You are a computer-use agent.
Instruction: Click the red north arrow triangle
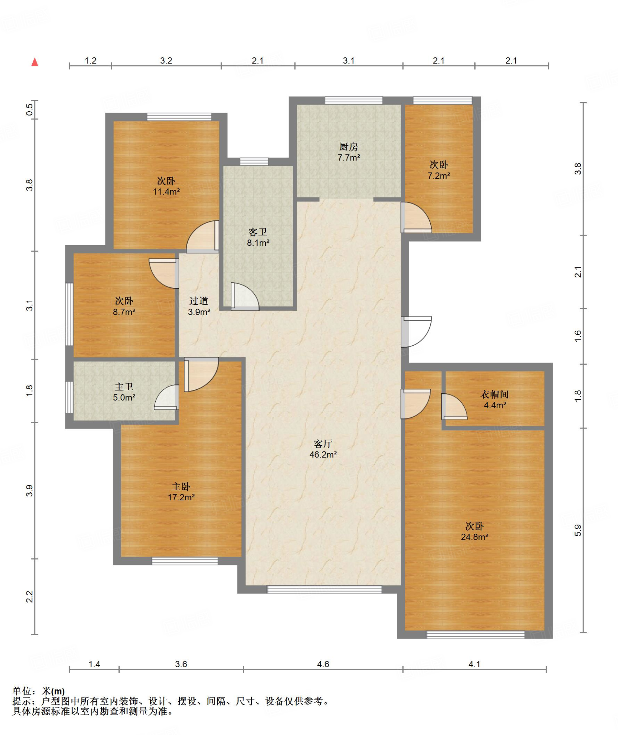pyautogui.click(x=35, y=62)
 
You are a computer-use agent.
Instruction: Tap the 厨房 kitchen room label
pyautogui.click(x=349, y=152)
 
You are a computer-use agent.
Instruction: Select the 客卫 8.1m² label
pyautogui.click(x=258, y=237)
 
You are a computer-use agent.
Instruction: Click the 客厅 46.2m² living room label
pyautogui.click(x=323, y=449)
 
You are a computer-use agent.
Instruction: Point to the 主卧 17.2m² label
pyautogui.click(x=181, y=492)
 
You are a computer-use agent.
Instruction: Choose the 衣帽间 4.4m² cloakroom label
pyautogui.click(x=495, y=399)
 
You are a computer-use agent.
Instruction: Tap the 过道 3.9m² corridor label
pyautogui.click(x=199, y=306)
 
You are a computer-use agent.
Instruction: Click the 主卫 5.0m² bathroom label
pyautogui.click(x=124, y=392)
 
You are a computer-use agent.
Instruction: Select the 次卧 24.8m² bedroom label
pyautogui.click(x=475, y=531)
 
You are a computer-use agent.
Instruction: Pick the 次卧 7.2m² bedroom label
pyautogui.click(x=439, y=170)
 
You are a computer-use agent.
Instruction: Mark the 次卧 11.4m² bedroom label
pyautogui.click(x=166, y=186)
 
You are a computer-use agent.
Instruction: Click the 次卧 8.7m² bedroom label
pyautogui.click(x=124, y=306)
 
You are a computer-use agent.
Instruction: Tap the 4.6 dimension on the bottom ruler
pyautogui.click(x=323, y=664)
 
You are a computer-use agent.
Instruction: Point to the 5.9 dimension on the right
pyautogui.click(x=578, y=530)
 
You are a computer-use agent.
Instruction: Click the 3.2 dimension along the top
pyautogui.click(x=166, y=61)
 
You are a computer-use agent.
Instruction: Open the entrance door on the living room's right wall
pyautogui.click(x=416, y=332)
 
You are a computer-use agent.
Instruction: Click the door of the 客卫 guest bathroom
pyautogui.click(x=245, y=296)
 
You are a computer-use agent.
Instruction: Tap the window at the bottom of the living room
pyautogui.click(x=325, y=589)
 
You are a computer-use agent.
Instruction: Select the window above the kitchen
pyautogui.click(x=354, y=100)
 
